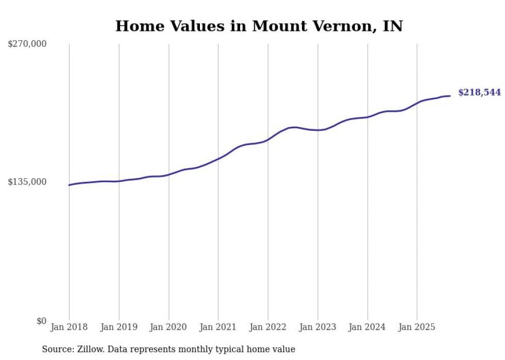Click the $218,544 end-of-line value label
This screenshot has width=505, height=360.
tap(479, 93)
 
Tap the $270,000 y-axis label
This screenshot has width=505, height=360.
tap(27, 44)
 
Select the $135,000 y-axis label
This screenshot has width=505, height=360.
tap(27, 182)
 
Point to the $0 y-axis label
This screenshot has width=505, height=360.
tap(41, 321)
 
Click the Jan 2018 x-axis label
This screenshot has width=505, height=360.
tap(69, 327)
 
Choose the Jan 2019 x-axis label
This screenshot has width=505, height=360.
tap(119, 327)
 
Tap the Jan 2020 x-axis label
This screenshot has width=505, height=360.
tap(169, 327)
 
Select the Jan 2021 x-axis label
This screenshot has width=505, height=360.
tap(218, 327)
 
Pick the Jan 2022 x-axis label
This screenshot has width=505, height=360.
tap(268, 327)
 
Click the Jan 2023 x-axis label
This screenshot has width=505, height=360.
tap(317, 327)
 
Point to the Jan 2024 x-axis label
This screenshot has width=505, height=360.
tap(367, 327)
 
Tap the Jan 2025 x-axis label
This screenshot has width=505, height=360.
tap(417, 327)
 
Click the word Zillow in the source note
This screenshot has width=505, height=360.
tap(89, 349)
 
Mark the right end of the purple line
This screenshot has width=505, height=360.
tap(450, 96)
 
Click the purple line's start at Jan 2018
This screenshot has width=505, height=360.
tap(70, 185)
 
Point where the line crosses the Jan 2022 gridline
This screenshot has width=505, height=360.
tap(268, 140)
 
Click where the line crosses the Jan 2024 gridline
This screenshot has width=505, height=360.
tap(367, 117)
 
